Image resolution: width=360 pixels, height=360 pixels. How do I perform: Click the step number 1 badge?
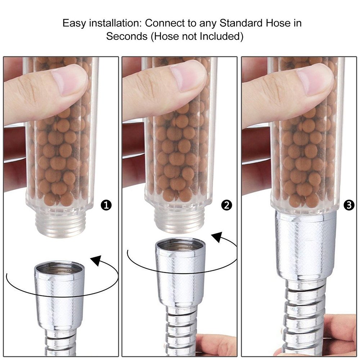click(x=107, y=206)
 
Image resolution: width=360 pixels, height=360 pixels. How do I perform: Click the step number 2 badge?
click(x=226, y=206)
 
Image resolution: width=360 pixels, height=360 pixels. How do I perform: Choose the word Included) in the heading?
click(x=225, y=36)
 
